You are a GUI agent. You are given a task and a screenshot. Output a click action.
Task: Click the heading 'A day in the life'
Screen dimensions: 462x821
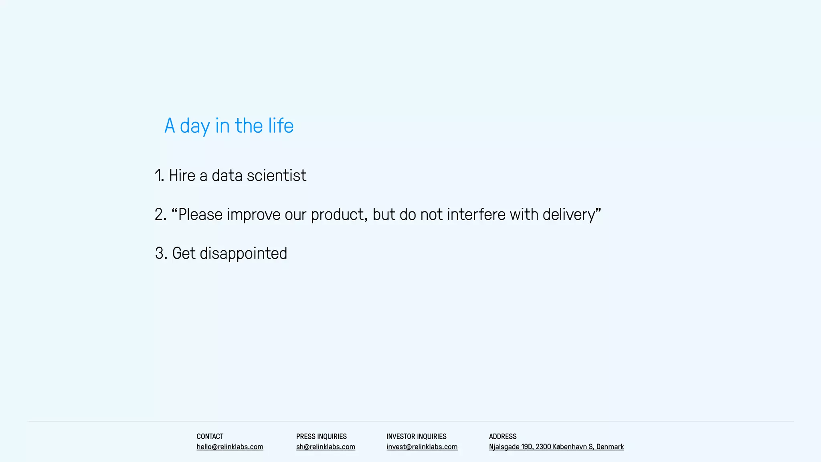click(x=229, y=126)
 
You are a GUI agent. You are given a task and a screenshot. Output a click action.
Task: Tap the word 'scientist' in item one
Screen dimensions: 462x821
click(x=276, y=176)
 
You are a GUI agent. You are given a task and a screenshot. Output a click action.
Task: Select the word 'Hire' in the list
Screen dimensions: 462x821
click(x=182, y=176)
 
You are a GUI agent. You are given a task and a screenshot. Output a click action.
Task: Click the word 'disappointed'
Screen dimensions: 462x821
click(x=243, y=253)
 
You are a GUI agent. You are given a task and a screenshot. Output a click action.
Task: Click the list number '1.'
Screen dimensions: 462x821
click(x=160, y=176)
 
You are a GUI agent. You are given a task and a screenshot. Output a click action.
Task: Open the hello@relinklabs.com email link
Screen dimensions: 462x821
click(x=230, y=447)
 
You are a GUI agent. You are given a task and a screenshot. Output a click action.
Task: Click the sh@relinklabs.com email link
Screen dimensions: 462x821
click(x=326, y=447)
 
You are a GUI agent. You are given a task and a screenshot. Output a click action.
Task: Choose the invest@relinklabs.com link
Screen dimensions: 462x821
click(x=422, y=447)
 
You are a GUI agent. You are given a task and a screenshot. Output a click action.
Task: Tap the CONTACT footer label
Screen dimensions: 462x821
click(x=210, y=436)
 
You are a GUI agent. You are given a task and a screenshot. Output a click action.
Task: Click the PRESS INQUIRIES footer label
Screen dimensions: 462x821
click(x=321, y=436)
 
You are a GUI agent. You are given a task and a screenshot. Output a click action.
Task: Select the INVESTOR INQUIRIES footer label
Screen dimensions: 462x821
click(x=416, y=436)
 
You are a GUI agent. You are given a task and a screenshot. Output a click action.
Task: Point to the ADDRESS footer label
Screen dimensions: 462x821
click(x=503, y=436)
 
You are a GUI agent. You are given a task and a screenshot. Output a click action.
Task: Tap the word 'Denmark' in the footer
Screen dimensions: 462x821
click(x=610, y=447)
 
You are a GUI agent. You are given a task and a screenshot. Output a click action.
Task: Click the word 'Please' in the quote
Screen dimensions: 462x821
click(x=200, y=215)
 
